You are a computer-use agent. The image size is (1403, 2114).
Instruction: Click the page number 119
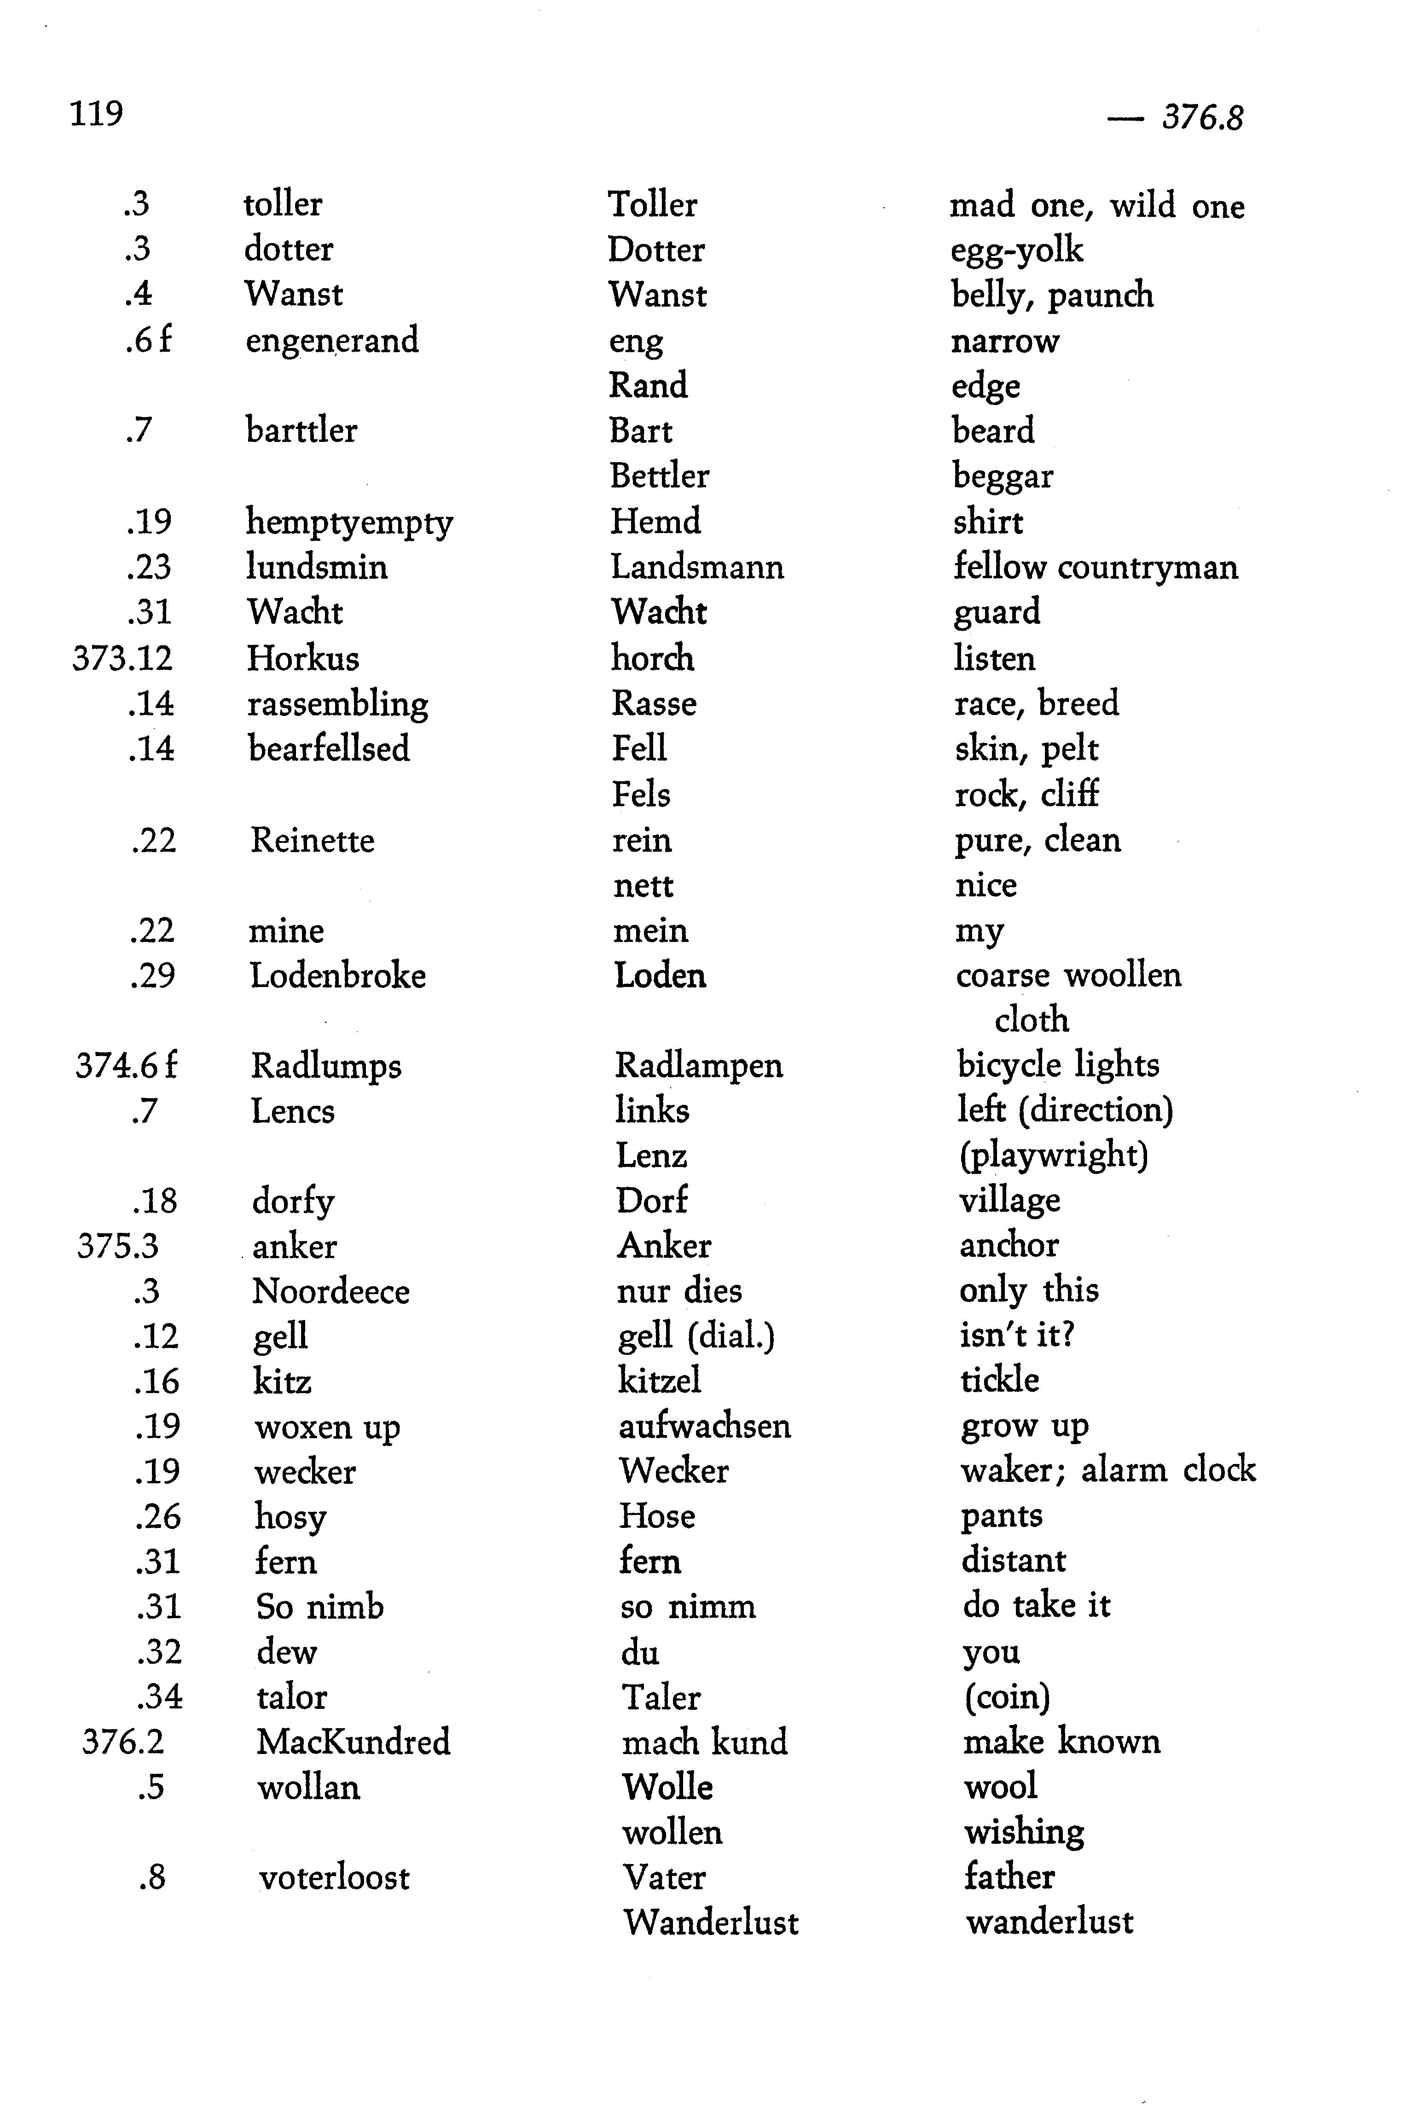pos(96,114)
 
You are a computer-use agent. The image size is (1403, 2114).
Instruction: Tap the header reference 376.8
pos(1202,117)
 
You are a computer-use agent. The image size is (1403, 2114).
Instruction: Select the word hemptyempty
pos(349,523)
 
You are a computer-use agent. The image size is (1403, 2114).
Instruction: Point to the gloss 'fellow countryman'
pos(1095,567)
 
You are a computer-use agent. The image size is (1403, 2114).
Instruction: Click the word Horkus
pos(302,658)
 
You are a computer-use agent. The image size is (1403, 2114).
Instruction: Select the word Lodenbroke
pos(337,975)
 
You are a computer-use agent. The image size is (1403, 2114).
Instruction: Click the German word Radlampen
pos(698,1065)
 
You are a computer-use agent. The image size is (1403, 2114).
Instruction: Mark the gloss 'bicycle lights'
pos(1058,1065)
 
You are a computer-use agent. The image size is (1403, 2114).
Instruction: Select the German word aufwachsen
pos(704,1426)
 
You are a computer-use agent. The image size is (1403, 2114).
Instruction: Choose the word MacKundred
pos(353,1742)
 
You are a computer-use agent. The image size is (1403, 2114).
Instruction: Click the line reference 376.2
pos(122,1742)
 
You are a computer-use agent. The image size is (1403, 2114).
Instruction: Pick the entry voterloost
pos(334,1878)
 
